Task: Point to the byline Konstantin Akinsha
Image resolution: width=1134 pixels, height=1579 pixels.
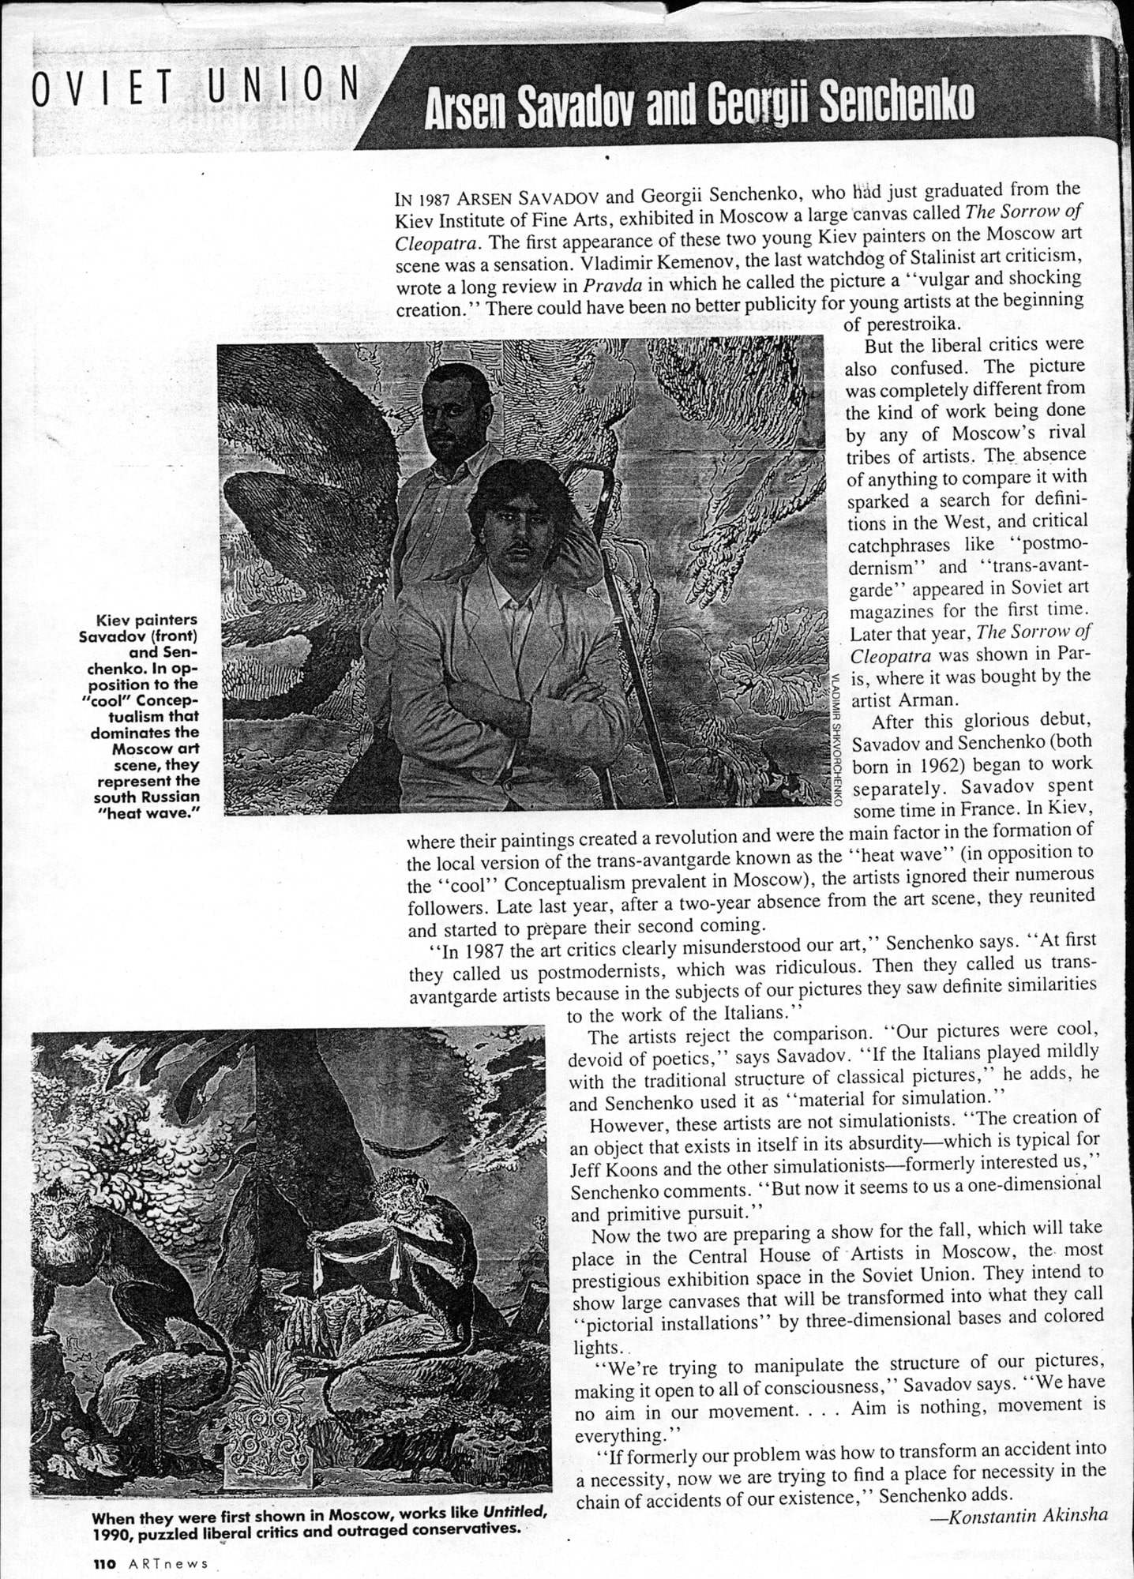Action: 1027,1515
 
